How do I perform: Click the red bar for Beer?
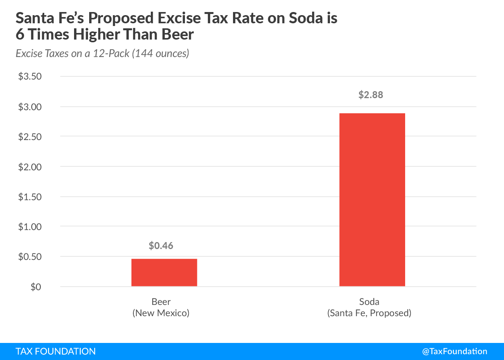pos(164,272)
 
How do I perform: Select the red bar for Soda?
pos(372,200)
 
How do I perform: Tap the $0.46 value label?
pos(161,246)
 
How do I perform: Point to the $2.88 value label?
pos(371,95)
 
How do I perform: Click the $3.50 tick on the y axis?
pos(30,76)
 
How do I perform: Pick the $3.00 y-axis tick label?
pos(30,107)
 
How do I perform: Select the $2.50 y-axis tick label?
pos(30,137)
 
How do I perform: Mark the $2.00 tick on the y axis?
pos(30,167)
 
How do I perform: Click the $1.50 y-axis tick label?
pos(30,197)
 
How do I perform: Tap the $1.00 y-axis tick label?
pos(30,227)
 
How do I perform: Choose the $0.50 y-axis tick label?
pos(30,256)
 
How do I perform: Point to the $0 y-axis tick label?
pos(36,287)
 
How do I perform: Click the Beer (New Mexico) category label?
pos(161,307)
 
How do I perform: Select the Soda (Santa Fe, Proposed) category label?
pos(369,307)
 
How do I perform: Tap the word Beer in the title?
pos(178,35)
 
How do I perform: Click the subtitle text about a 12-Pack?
pos(102,54)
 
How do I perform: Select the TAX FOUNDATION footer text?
pos(55,351)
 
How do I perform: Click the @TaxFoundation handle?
pos(454,351)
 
